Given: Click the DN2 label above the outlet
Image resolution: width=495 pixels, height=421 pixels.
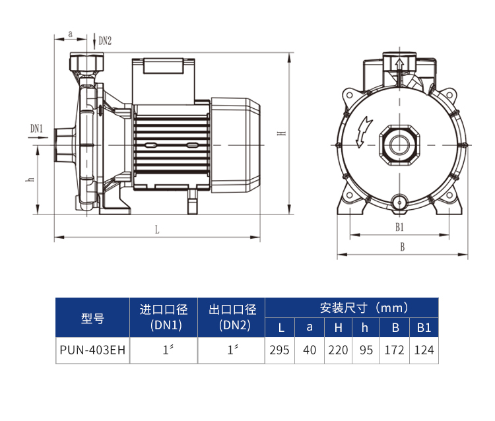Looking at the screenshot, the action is coord(105,41).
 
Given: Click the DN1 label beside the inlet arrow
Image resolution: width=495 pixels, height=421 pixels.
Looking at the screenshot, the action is coord(36,129).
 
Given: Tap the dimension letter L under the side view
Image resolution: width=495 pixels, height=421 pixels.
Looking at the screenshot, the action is coord(157,230).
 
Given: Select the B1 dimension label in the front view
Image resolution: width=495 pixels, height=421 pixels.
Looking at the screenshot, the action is coord(400,227).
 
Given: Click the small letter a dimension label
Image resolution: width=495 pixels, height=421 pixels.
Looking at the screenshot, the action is coord(71,34).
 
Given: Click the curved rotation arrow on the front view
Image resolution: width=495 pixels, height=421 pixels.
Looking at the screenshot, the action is coord(364,131).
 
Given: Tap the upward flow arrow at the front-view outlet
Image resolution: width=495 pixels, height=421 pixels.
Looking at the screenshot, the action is coord(400,69).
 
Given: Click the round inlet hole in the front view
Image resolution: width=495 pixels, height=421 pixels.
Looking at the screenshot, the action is coord(400,145).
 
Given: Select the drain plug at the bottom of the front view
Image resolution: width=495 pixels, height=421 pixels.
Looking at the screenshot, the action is coord(399,202).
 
